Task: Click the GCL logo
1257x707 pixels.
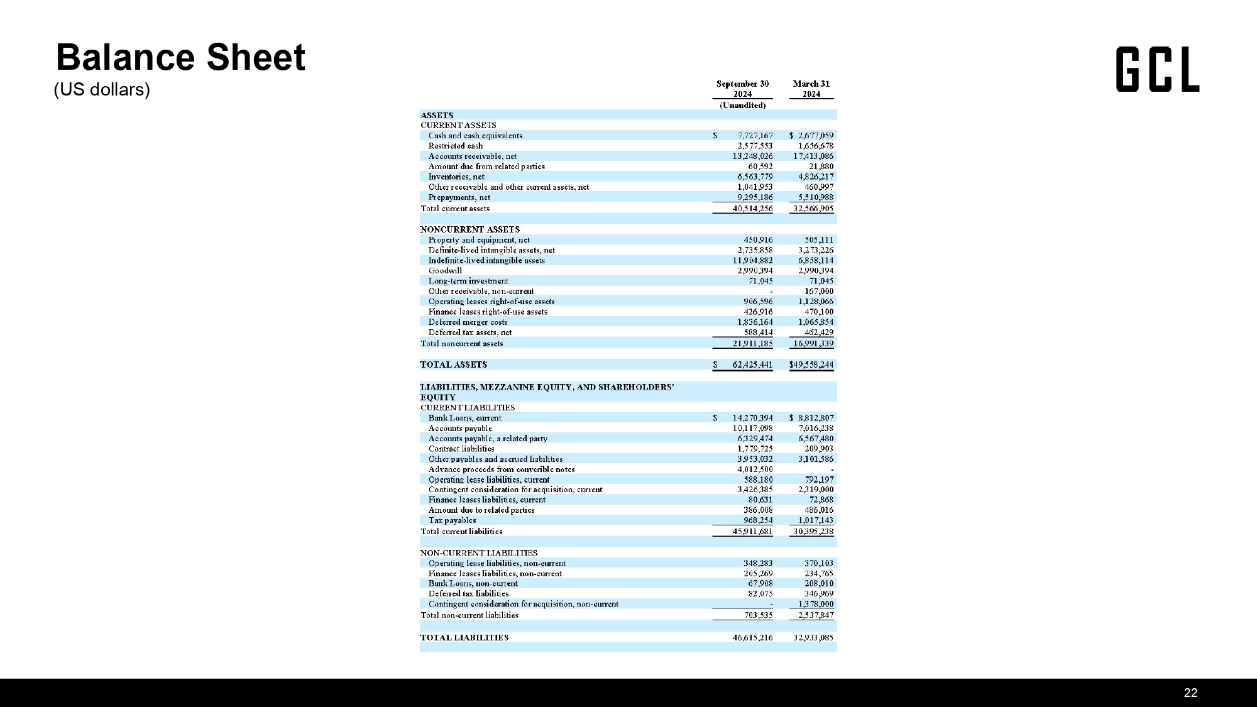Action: click(1157, 70)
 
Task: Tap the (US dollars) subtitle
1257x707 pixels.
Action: click(102, 90)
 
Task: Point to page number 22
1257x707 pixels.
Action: click(1190, 693)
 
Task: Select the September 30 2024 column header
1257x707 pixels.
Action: click(742, 89)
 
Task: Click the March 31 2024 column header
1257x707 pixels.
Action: click(811, 89)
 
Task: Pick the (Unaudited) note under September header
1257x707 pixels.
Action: click(742, 106)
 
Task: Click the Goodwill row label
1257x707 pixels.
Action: click(445, 271)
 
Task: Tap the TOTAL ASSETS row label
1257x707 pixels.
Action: click(453, 364)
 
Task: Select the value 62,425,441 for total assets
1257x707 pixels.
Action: click(752, 364)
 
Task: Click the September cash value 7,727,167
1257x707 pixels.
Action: click(755, 136)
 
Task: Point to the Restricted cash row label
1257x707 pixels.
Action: click(456, 146)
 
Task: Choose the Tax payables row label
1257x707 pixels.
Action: click(452, 520)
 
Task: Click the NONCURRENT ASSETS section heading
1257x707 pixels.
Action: click(469, 229)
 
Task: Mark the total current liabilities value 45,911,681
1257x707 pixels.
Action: click(752, 532)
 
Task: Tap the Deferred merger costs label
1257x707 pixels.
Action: click(468, 322)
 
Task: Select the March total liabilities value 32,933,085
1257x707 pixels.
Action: click(813, 638)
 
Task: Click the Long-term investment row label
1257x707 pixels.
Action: click(468, 281)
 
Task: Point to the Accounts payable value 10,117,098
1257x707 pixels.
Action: click(752, 429)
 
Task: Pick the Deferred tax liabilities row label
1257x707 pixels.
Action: click(468, 594)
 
